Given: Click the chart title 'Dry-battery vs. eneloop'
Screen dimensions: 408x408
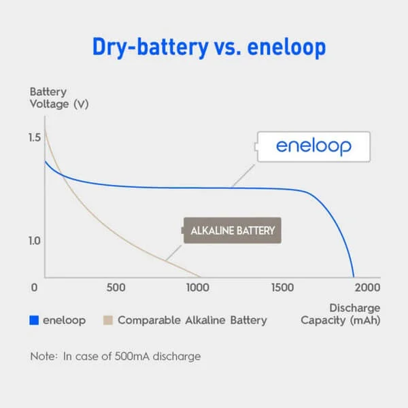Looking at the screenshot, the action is point(209,48).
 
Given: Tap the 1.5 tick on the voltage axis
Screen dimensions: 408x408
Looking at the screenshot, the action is point(35,137).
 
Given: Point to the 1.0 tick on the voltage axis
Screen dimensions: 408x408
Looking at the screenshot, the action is point(35,241).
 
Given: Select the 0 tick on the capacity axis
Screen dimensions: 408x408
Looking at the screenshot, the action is point(34,288).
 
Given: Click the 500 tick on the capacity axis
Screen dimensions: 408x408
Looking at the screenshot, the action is point(116,288).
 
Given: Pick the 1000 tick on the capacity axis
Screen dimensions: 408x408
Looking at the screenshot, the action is point(198,288).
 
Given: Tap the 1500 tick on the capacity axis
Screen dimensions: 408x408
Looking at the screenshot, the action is point(283,288).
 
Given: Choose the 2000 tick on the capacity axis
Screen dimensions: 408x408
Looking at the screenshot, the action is point(367,288).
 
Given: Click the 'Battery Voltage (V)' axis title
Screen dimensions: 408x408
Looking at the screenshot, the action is point(59,98).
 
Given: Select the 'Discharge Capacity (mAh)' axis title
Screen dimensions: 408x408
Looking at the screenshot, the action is point(341,314).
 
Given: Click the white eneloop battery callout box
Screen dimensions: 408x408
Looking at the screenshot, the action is point(313,147).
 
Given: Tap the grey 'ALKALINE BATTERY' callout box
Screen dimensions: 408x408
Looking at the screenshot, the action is point(231,231).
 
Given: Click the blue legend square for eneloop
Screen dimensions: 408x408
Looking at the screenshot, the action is point(34,320).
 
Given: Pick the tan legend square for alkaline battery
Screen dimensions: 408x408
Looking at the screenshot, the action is point(108,320).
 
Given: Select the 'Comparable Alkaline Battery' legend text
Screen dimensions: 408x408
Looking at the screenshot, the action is point(192,320).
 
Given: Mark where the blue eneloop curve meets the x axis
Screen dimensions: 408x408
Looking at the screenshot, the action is point(354,277).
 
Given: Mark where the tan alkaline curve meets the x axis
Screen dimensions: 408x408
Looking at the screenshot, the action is point(199,277).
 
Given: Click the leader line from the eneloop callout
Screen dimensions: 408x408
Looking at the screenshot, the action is point(243,175).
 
